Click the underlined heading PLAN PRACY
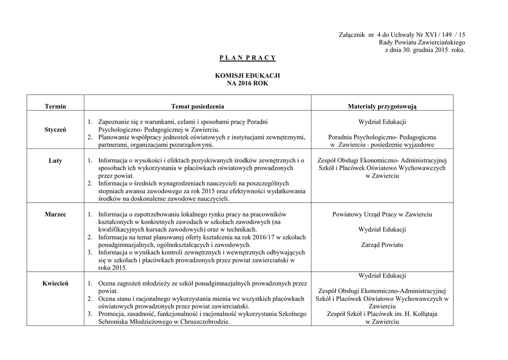click(247, 58)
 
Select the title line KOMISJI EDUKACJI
click(247, 75)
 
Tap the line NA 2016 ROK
click(247, 83)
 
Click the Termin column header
click(55, 106)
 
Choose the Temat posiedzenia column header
click(197, 106)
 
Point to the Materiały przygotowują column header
click(382, 106)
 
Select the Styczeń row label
click(55, 129)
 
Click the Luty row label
click(55, 161)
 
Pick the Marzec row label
click(55, 214)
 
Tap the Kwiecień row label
click(55, 283)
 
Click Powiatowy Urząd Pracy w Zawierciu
click(382, 214)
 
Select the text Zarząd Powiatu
click(382, 245)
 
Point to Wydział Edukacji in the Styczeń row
click(382, 122)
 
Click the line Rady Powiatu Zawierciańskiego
click(422, 42)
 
